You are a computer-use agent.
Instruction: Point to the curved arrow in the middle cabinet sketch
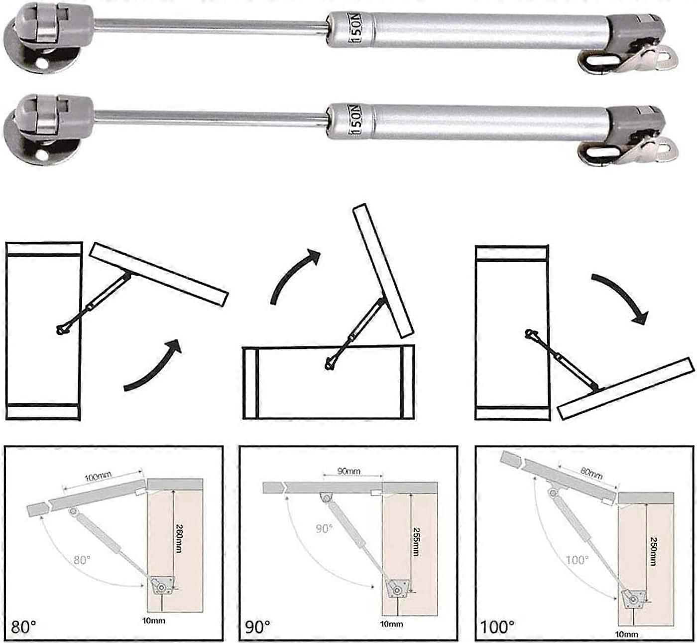(x=294, y=274)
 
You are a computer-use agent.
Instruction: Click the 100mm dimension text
(x=98, y=477)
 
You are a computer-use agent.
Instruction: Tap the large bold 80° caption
(x=23, y=627)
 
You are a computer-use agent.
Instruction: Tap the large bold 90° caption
(x=257, y=627)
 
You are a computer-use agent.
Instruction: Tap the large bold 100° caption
(x=497, y=627)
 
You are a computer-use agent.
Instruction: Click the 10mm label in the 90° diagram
(x=391, y=624)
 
